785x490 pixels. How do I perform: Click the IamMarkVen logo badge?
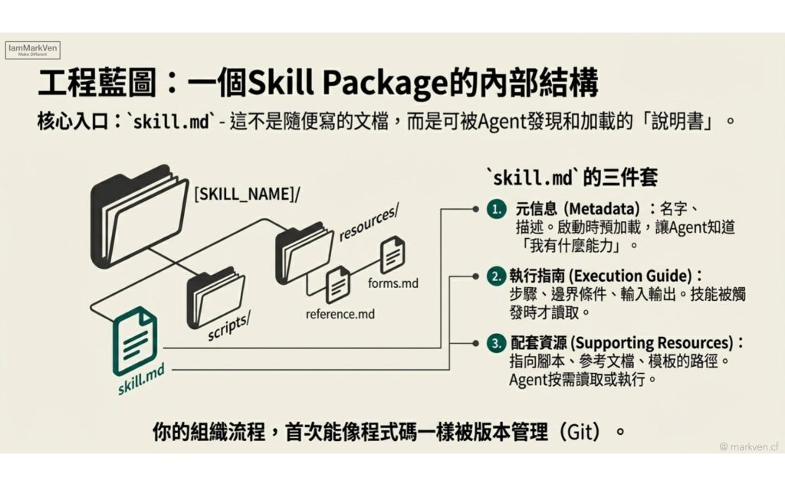pyautogui.click(x=32, y=50)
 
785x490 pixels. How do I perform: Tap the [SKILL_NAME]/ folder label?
pyautogui.click(x=247, y=194)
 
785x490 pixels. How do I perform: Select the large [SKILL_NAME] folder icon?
pyautogui.click(x=140, y=216)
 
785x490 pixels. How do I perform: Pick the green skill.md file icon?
pyautogui.click(x=135, y=341)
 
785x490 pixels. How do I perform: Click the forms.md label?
pyautogui.click(x=393, y=283)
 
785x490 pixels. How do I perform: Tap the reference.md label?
pyautogui.click(x=340, y=314)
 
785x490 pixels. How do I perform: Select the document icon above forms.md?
pyautogui.click(x=392, y=254)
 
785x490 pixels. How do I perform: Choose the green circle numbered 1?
pyautogui.click(x=496, y=209)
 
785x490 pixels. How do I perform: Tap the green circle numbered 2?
pyautogui.click(x=496, y=276)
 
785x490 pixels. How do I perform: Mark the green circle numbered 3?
pyautogui.click(x=496, y=344)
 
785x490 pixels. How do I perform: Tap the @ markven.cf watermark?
pyautogui.click(x=749, y=446)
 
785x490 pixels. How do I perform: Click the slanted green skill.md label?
pyautogui.click(x=141, y=380)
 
